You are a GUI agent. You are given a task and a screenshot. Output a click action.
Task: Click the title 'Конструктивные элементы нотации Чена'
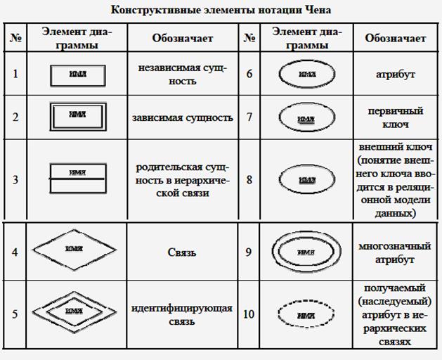(x=221, y=11)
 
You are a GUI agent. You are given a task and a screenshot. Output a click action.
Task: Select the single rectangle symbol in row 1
(x=78, y=74)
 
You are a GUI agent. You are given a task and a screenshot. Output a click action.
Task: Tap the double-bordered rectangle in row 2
(x=78, y=117)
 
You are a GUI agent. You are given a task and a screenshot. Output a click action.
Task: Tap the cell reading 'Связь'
(x=182, y=252)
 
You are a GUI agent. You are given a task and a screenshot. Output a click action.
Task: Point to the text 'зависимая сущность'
(x=182, y=117)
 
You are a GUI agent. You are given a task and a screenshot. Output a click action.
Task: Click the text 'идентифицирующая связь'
(x=182, y=315)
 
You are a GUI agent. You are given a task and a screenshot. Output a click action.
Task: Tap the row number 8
(x=249, y=179)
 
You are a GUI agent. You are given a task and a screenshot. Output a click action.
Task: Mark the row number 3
(x=15, y=179)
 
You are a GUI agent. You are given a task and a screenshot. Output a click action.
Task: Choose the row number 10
(x=249, y=314)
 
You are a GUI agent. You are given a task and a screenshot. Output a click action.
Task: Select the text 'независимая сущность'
(x=182, y=74)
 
